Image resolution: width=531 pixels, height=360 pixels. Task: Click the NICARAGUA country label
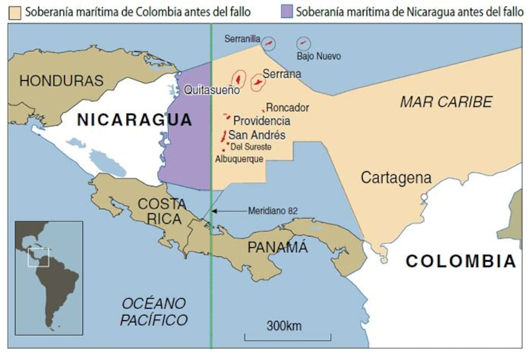[x=135, y=120]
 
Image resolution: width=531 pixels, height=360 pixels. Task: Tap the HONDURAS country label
[x=61, y=81]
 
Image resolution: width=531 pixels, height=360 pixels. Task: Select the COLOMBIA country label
[x=461, y=261]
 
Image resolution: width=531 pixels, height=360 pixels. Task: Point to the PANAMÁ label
[x=277, y=248]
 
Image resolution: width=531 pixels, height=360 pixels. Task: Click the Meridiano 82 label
[x=273, y=211]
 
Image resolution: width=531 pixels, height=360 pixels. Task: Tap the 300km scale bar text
[x=284, y=326]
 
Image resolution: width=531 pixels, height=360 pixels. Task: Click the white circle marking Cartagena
[x=424, y=197]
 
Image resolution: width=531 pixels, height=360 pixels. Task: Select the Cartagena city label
[x=396, y=178]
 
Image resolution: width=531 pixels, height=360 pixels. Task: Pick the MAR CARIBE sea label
[x=446, y=102]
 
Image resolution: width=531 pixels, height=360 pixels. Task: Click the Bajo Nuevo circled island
[x=304, y=43]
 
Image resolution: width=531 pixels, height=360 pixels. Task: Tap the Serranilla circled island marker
[x=268, y=43]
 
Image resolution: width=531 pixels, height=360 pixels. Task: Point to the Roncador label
[x=288, y=108]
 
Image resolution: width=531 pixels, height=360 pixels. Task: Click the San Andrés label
[x=257, y=135]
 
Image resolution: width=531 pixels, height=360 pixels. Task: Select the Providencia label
[x=262, y=121]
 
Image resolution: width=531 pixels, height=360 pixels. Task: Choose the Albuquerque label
[x=239, y=159]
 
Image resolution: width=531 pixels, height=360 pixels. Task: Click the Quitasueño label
[x=212, y=91]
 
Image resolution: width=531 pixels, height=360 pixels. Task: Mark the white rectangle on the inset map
[x=38, y=257]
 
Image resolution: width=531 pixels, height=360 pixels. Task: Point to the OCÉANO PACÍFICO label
[x=154, y=312]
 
